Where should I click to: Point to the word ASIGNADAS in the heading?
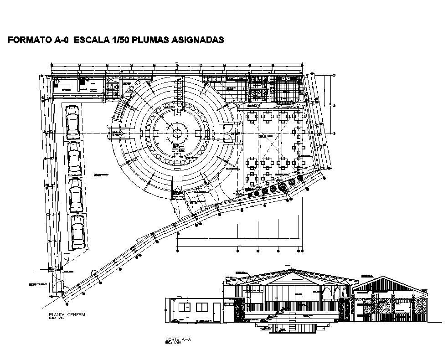197,40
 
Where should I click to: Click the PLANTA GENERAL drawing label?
67,315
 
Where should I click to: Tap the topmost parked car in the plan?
72,123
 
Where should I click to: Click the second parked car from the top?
74,159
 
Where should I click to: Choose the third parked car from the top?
76,195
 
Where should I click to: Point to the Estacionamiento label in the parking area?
101,175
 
